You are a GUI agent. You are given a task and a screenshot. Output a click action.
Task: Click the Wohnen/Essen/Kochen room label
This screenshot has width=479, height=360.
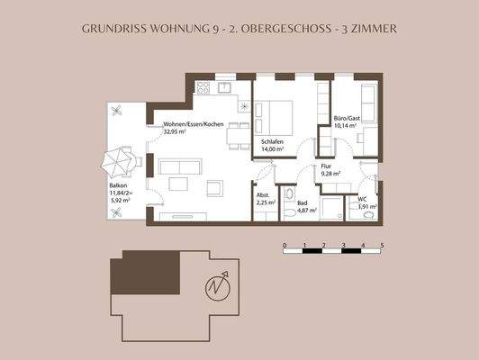coord(193,123)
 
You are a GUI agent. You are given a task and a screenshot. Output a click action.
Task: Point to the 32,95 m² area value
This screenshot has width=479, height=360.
coord(176,131)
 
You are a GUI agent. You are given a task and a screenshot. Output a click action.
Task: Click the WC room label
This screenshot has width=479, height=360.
coord(363,198)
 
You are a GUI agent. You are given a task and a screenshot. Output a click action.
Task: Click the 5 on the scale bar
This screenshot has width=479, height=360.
coord(383,245)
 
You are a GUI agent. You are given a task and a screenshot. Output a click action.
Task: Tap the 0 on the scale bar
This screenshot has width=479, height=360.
coord(285,245)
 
